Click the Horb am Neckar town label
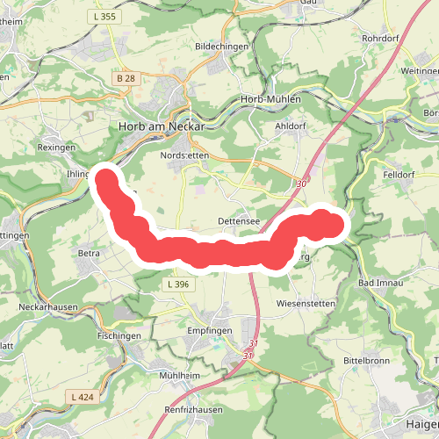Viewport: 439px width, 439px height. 161,126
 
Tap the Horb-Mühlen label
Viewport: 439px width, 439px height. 270,100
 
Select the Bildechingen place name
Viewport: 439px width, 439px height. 222,46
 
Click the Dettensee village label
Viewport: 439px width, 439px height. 238,221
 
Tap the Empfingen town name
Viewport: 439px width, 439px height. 209,331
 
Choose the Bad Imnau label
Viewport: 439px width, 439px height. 380,283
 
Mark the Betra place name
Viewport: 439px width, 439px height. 90,254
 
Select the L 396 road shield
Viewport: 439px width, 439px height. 176,284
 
